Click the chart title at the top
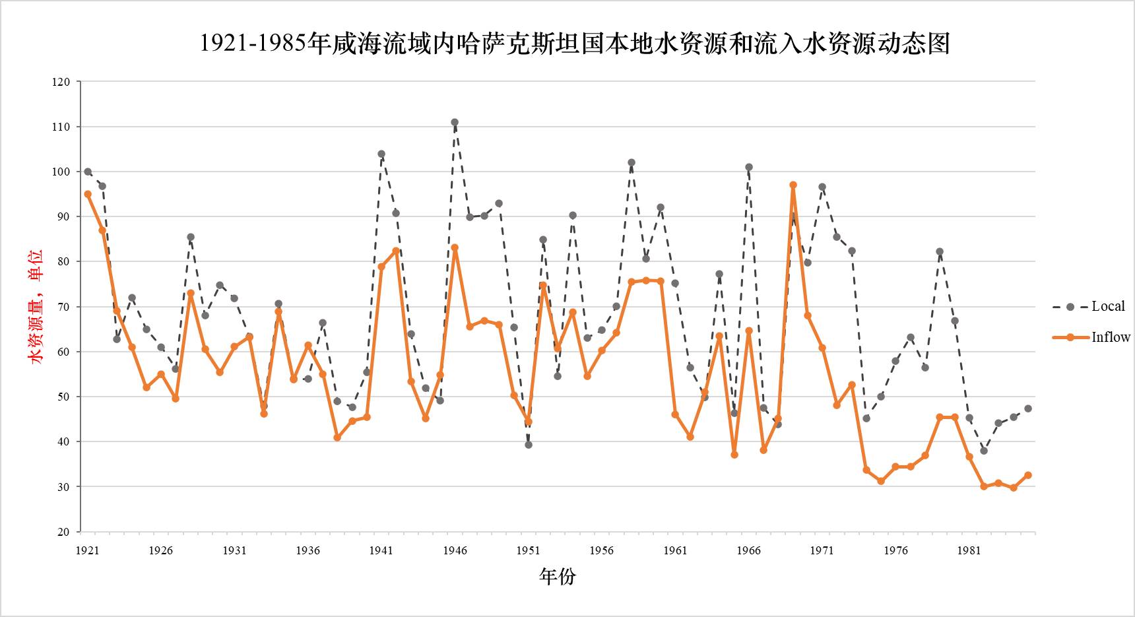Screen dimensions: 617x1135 click(x=574, y=44)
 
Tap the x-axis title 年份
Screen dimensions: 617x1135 click(x=558, y=576)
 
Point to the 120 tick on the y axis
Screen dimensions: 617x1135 click(x=61, y=82)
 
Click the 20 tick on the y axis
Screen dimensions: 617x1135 click(x=63, y=532)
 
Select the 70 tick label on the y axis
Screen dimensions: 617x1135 click(x=63, y=307)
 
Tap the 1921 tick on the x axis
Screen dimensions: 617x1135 click(x=87, y=550)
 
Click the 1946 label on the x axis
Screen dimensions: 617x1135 click(x=455, y=550)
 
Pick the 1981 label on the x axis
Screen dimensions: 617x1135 click(x=969, y=550)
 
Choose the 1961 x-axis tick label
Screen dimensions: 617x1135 click(x=675, y=550)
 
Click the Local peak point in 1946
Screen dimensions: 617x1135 click(x=455, y=122)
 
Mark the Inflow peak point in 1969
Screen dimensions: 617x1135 click(x=793, y=185)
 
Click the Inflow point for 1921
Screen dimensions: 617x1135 click(x=88, y=195)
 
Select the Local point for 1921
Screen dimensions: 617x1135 click(x=88, y=172)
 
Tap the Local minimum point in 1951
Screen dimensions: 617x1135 click(x=529, y=445)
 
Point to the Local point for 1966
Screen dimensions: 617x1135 click(x=749, y=168)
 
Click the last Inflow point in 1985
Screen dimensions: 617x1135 click(x=1028, y=475)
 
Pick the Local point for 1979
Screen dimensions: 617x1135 click(x=940, y=251)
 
